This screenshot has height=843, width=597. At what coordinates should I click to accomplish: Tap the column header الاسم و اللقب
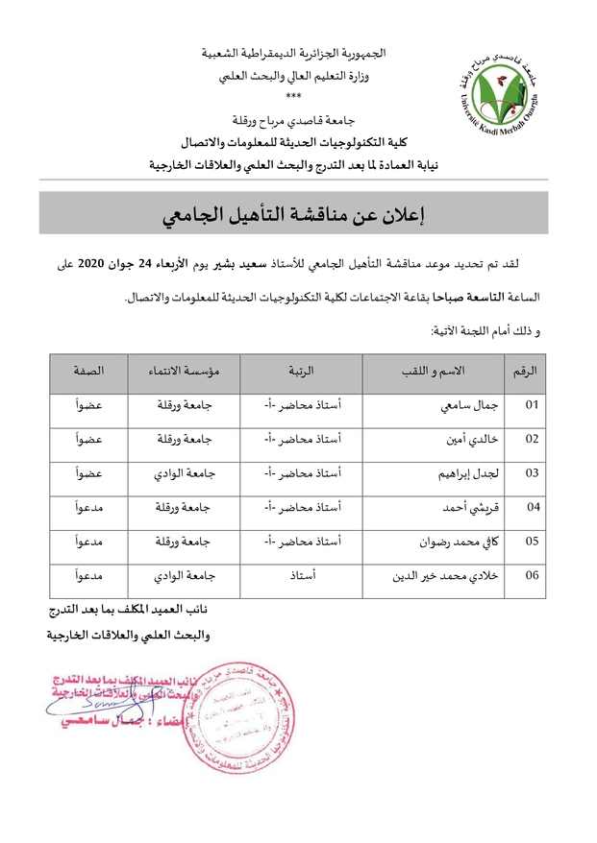click(434, 371)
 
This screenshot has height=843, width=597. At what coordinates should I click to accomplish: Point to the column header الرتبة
click(301, 371)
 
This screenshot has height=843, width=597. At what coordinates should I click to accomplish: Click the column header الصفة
click(89, 371)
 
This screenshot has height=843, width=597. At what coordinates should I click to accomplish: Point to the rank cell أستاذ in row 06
click(302, 576)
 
